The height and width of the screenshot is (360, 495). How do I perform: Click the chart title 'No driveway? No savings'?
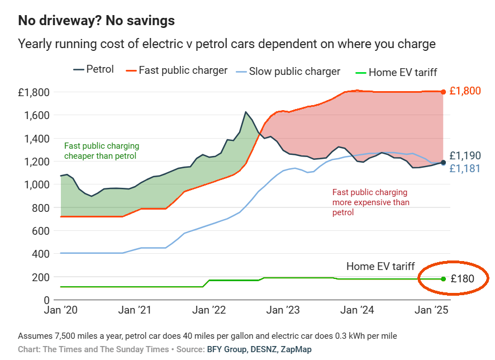coord(96,21)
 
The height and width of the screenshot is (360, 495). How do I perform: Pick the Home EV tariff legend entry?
coord(396,72)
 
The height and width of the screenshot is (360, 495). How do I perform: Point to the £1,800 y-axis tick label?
coord(34,92)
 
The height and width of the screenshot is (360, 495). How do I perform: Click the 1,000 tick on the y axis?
coord(37,184)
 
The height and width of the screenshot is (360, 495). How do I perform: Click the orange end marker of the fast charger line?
coord(443,92)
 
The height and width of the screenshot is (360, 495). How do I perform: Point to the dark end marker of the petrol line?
coord(443,163)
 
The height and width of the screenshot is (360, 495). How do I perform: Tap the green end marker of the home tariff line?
coord(443,279)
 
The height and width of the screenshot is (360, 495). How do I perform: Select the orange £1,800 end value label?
coord(465,91)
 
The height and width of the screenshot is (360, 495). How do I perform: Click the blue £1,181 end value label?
coord(465,168)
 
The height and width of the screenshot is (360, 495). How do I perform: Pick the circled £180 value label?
coord(462,278)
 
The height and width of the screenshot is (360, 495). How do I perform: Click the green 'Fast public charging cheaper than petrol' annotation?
coord(100,150)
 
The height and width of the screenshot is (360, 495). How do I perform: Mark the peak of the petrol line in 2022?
coord(246,112)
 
